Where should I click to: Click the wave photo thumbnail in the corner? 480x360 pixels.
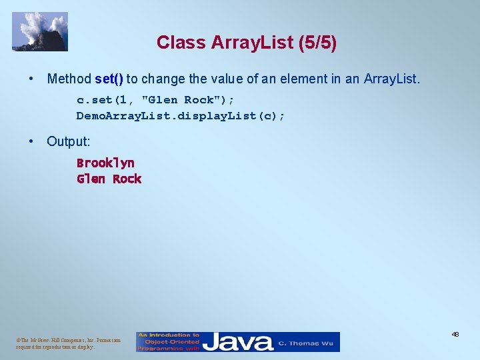(40, 31)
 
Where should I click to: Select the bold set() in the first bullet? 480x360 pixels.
(109, 79)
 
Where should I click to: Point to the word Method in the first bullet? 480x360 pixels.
(69, 79)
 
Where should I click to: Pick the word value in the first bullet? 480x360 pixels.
(227, 79)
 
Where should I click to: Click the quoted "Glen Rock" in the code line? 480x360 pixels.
(178, 100)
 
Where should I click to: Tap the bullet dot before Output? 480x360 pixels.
(31, 141)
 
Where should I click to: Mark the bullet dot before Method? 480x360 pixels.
(31, 79)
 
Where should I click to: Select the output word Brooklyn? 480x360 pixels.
(105, 163)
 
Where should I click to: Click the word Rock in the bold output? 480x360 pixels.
(127, 179)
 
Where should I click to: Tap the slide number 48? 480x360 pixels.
(455, 334)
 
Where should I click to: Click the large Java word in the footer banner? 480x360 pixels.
(238, 342)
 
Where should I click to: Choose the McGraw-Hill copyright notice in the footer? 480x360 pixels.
(69, 343)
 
